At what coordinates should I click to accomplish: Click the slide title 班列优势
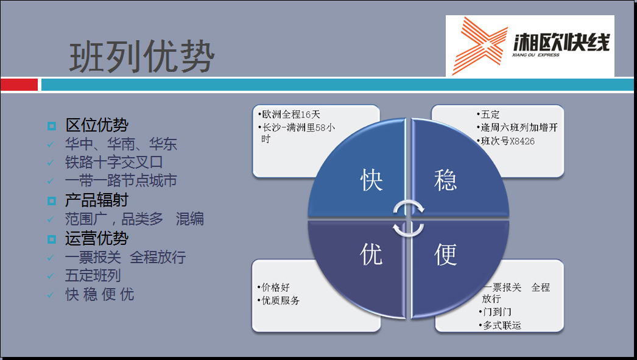(142, 57)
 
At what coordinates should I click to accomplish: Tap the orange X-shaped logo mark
(480, 46)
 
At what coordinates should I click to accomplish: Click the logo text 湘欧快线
(561, 42)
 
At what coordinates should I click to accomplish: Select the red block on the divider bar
(19, 85)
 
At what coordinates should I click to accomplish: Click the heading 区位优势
(97, 125)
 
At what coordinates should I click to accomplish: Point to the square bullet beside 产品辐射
(52, 201)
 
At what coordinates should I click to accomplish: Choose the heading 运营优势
(97, 239)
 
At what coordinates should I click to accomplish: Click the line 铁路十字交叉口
(114, 163)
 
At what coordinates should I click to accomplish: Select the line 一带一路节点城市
(121, 180)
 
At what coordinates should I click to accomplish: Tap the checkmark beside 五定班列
(51, 276)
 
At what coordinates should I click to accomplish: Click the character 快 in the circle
(371, 180)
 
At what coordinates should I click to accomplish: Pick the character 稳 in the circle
(445, 180)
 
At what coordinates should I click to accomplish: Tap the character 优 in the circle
(371, 255)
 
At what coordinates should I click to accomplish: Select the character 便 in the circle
(445, 255)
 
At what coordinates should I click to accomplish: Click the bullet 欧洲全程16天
(289, 115)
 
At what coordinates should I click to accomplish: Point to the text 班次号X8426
(506, 141)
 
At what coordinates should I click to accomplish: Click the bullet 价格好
(273, 288)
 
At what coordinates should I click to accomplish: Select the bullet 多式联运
(500, 325)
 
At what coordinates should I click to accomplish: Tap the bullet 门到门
(495, 312)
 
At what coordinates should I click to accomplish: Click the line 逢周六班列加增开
(517, 127)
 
